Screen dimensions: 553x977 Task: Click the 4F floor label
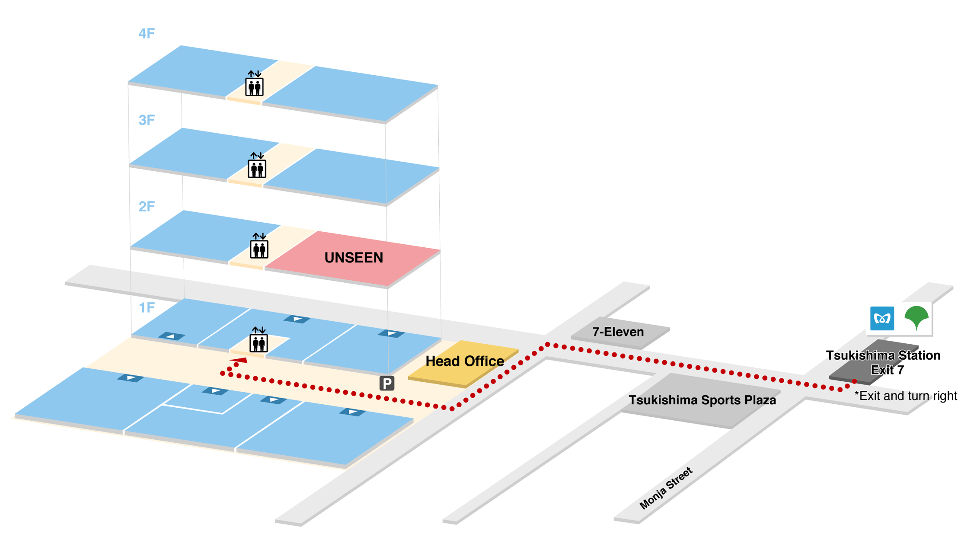tap(147, 34)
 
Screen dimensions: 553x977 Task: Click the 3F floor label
tap(147, 120)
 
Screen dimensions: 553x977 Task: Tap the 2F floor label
tap(147, 207)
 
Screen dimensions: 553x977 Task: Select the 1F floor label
tap(147, 308)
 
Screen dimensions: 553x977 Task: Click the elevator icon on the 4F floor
tap(254, 83)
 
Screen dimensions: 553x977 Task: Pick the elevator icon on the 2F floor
tap(259, 246)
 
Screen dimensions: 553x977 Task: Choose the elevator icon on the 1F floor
tap(259, 340)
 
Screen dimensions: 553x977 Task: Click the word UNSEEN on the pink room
tap(354, 258)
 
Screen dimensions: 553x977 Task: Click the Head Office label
tap(465, 361)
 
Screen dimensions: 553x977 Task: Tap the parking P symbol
tap(387, 383)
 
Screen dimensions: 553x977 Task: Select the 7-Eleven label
tap(618, 332)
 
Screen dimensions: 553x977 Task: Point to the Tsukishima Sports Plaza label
tap(702, 400)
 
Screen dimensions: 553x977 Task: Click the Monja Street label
tap(666, 488)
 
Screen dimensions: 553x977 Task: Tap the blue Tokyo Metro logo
tap(882, 319)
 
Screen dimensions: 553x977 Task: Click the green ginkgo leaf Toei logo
tap(916, 318)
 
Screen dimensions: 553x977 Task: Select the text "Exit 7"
tap(887, 370)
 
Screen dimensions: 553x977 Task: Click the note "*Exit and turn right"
tap(906, 396)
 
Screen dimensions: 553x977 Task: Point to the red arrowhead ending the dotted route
tap(239, 360)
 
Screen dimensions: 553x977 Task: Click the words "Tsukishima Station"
tap(883, 355)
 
